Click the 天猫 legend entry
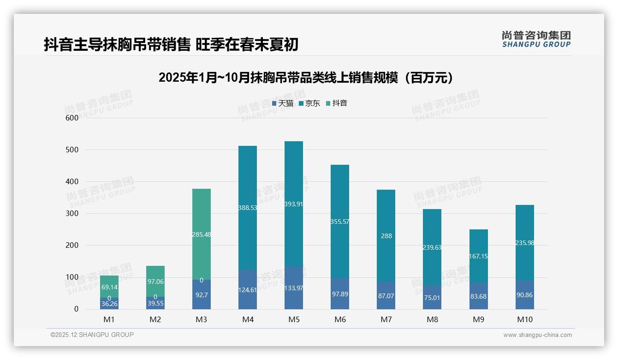click(283, 103)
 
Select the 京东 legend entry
click(309, 103)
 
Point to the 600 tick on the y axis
click(73, 118)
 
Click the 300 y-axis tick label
click(73, 214)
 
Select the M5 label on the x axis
click(294, 319)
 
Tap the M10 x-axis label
click(524, 319)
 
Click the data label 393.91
click(294, 204)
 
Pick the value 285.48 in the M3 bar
click(202, 234)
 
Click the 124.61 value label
click(248, 290)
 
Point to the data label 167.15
click(478, 256)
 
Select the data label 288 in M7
click(386, 236)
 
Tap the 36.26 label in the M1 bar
click(109, 304)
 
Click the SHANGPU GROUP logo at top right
click(536, 39)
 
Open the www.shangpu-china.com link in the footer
click(537, 335)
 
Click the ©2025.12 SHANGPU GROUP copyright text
click(92, 335)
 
